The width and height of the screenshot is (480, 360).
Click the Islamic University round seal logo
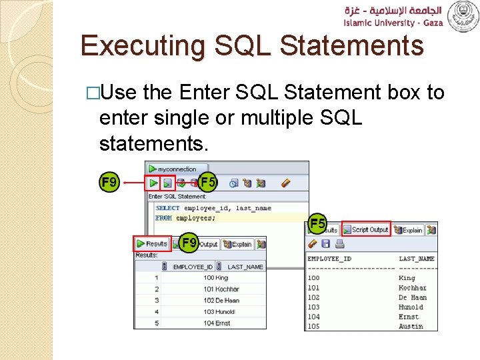point(462,16)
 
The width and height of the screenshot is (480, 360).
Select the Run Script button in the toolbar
point(168,183)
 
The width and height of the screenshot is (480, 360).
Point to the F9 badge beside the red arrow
point(109,182)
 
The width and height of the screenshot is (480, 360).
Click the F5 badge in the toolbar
point(208,181)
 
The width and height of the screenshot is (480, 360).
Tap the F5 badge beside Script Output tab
point(318,224)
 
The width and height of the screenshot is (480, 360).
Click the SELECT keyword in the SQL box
point(167,208)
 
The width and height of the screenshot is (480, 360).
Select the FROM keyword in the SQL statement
point(164,218)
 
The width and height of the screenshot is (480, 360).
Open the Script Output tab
point(366,229)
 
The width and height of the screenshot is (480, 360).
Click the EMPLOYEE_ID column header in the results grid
point(192,267)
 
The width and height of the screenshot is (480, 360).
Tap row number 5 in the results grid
point(157,323)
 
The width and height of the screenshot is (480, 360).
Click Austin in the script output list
point(411,327)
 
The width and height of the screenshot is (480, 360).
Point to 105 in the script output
point(313,327)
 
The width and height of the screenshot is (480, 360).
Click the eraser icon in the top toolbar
point(286,183)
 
